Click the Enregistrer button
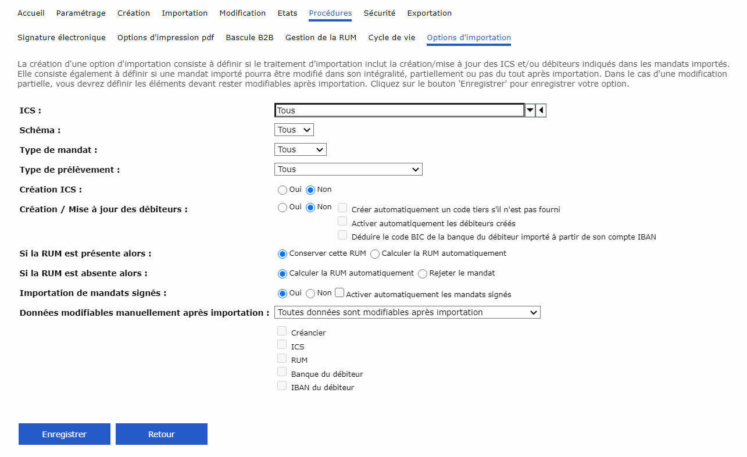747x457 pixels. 65,434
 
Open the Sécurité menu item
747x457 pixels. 380,13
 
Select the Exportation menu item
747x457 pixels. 429,13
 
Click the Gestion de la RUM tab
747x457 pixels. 321,37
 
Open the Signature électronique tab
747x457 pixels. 62,37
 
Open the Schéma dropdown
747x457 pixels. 294,130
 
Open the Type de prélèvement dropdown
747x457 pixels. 348,169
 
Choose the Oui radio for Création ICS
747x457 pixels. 283,190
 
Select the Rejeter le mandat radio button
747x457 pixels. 423,273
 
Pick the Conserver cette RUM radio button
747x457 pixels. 283,254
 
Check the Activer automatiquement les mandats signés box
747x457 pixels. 340,294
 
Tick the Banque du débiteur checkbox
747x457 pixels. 282,372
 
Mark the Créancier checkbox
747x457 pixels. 282,331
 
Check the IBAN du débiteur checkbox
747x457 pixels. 282,385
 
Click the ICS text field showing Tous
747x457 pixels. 399,110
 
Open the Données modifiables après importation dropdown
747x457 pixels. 408,312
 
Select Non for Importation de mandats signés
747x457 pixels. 311,294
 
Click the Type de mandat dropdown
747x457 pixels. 301,149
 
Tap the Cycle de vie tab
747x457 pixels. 392,37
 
